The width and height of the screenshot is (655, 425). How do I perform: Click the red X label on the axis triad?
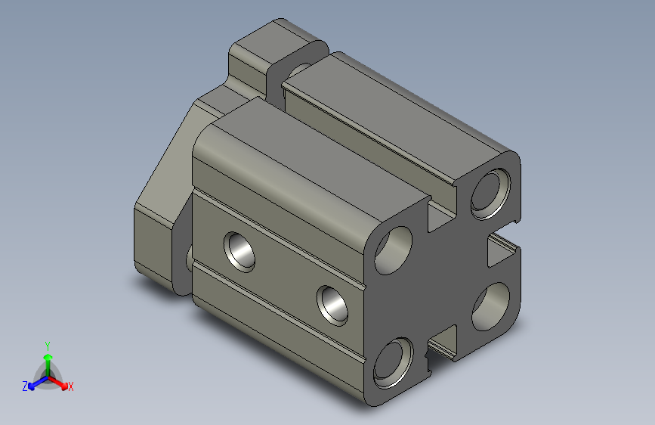point(70,386)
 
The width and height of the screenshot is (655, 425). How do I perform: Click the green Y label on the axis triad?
point(47,345)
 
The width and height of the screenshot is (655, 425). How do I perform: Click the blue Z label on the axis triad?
point(25,386)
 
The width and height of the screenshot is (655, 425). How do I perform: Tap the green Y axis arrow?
point(47,360)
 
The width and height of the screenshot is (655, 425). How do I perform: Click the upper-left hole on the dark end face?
point(394,249)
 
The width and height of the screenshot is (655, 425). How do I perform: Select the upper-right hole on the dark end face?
point(488,191)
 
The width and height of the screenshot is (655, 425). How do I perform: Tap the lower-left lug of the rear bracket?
point(155,242)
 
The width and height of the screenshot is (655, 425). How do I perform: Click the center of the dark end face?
point(446,280)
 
